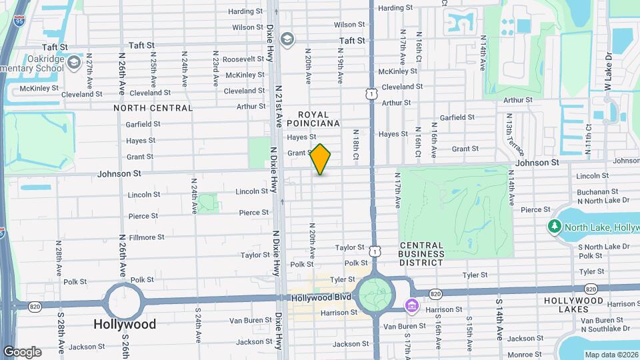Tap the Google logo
[22, 351]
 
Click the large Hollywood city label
[125, 325]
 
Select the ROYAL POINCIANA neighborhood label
[314, 119]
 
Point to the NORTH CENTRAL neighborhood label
[153, 108]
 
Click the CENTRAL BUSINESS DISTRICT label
[421, 254]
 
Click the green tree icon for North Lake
[554, 227]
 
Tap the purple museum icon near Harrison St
[411, 306]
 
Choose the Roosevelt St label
[244, 59]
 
